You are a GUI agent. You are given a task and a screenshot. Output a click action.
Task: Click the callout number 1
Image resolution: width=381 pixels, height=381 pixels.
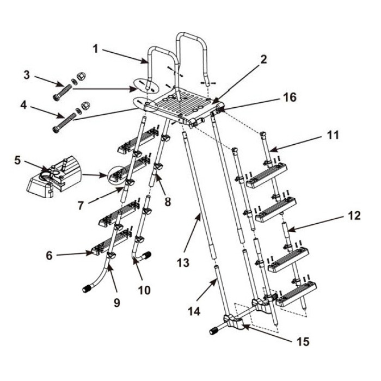96,49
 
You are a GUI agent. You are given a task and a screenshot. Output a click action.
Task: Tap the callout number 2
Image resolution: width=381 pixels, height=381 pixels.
263,59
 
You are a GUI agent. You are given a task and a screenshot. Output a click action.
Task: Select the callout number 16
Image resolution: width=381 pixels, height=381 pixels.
290,97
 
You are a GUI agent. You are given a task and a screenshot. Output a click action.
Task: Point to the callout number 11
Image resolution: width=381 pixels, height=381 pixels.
333,135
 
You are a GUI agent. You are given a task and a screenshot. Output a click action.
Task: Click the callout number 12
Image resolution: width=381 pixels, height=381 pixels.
354,216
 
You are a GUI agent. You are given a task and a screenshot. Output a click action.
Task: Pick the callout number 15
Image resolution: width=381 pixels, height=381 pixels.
303,341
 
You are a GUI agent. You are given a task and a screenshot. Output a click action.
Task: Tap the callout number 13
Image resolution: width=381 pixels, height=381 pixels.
183,263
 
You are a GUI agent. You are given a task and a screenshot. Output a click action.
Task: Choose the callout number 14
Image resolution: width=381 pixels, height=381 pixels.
194,311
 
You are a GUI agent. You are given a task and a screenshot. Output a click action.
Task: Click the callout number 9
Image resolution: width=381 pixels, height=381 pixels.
117,303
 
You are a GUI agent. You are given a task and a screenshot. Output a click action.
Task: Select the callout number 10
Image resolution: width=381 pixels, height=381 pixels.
144,290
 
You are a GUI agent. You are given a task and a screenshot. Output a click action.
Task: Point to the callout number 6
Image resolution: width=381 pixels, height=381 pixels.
50,256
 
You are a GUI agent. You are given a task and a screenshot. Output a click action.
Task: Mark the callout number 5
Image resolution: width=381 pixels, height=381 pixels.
17,161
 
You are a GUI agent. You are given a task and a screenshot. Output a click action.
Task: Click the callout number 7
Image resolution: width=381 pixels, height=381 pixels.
81,206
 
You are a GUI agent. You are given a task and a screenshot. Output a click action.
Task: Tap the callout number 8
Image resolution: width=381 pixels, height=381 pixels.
168,201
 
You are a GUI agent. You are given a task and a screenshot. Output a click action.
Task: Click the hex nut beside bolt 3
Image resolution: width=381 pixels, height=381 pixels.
81,77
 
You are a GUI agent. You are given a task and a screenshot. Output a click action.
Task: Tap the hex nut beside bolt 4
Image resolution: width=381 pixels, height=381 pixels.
86,105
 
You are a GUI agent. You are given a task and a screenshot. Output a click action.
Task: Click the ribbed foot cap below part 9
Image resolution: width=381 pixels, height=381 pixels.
87,289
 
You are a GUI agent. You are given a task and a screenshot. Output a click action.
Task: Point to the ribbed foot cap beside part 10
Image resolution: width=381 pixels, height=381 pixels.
146,256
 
